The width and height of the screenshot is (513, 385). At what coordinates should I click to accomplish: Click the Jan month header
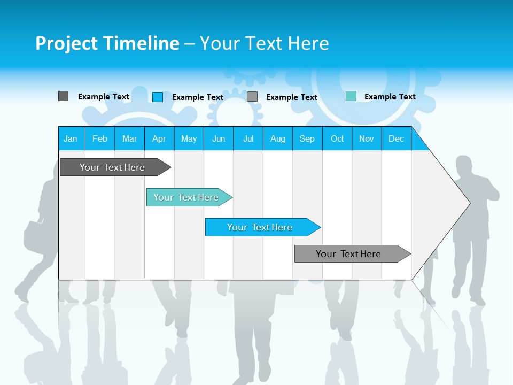tap(71, 138)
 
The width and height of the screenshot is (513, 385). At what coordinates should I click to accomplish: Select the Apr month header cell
tap(159, 138)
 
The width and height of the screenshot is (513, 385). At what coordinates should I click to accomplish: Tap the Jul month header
tap(248, 138)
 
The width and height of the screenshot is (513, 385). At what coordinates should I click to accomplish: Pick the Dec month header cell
tap(396, 138)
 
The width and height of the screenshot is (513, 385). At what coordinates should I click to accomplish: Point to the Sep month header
tap(307, 138)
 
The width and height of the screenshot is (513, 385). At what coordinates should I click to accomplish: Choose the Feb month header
tap(100, 138)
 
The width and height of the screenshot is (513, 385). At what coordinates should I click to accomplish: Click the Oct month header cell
tap(337, 138)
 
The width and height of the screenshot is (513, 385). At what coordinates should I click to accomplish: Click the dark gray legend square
tap(63, 96)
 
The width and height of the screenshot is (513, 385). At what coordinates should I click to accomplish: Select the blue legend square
tap(158, 97)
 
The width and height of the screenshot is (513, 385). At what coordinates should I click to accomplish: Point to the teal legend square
tap(351, 96)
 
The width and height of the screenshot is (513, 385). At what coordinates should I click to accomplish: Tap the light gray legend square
tap(252, 97)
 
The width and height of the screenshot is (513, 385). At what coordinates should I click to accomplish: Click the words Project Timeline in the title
tap(107, 43)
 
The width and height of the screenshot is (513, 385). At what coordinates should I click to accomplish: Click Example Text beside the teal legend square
tap(390, 97)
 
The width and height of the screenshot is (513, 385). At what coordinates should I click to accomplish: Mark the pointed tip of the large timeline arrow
tap(469, 203)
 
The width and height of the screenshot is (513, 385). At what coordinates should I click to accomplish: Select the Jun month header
tap(219, 138)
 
